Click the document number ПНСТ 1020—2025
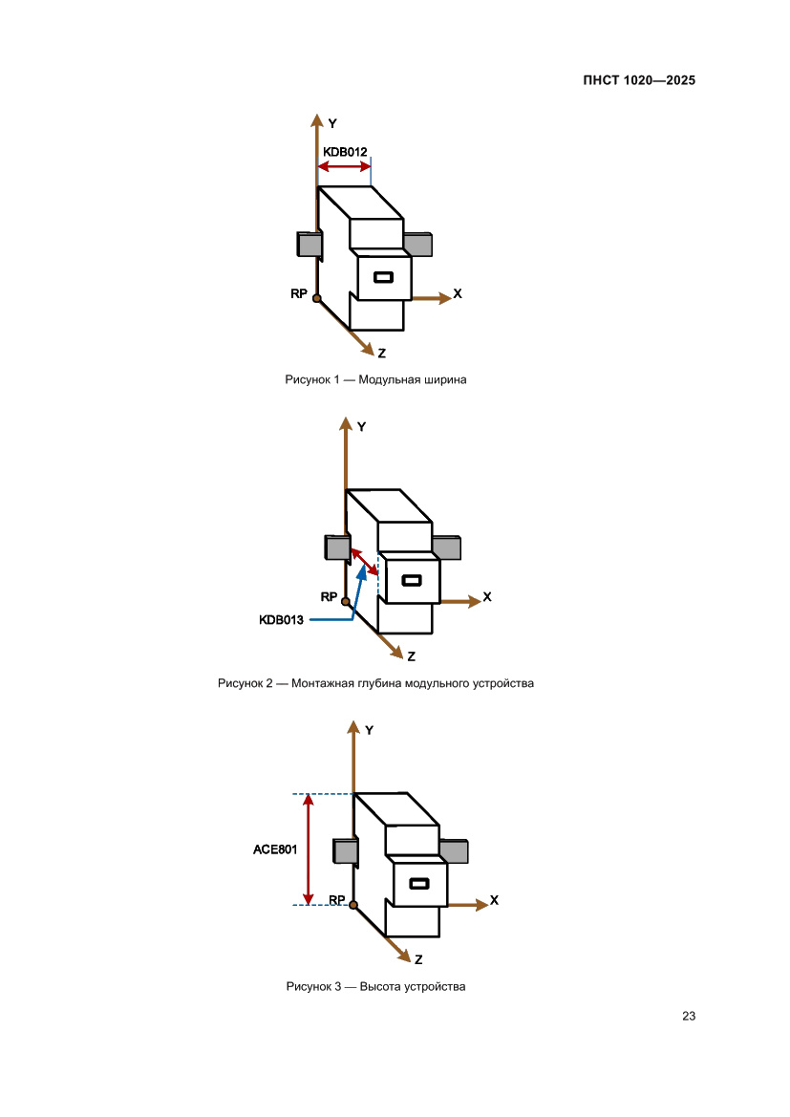coord(639,80)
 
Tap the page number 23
coord(689,1016)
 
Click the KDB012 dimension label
coord(345,152)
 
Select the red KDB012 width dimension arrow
coord(344,166)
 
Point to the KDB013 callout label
coord(282,620)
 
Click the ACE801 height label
coord(275,849)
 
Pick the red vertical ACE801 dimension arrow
coord(309,849)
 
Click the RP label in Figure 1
coord(299,293)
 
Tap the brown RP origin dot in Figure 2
coord(346,602)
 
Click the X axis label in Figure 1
coord(458,293)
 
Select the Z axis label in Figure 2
coord(411,656)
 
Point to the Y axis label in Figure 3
coord(369,730)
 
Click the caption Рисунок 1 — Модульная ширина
coord(375,379)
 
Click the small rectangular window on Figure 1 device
coord(383,277)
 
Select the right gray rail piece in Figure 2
coord(447,548)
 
